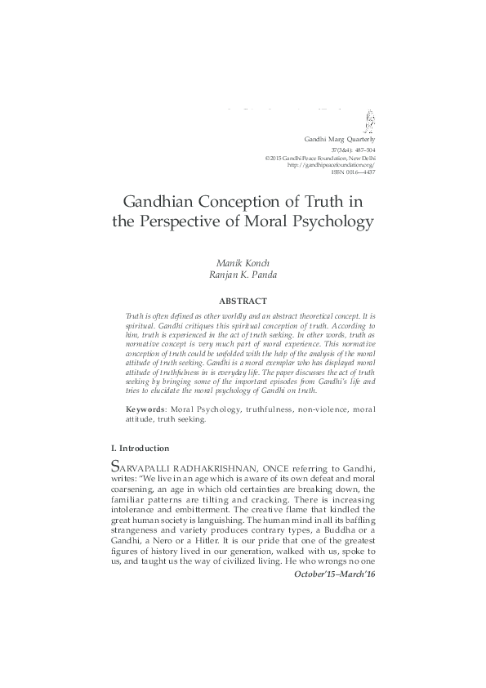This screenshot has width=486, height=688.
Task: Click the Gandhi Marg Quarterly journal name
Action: [340, 140]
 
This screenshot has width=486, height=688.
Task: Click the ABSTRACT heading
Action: [243, 300]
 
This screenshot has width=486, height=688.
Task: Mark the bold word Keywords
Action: [143, 408]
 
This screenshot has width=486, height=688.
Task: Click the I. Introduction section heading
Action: [140, 449]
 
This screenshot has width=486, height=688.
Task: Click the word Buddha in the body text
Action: [332, 532]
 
